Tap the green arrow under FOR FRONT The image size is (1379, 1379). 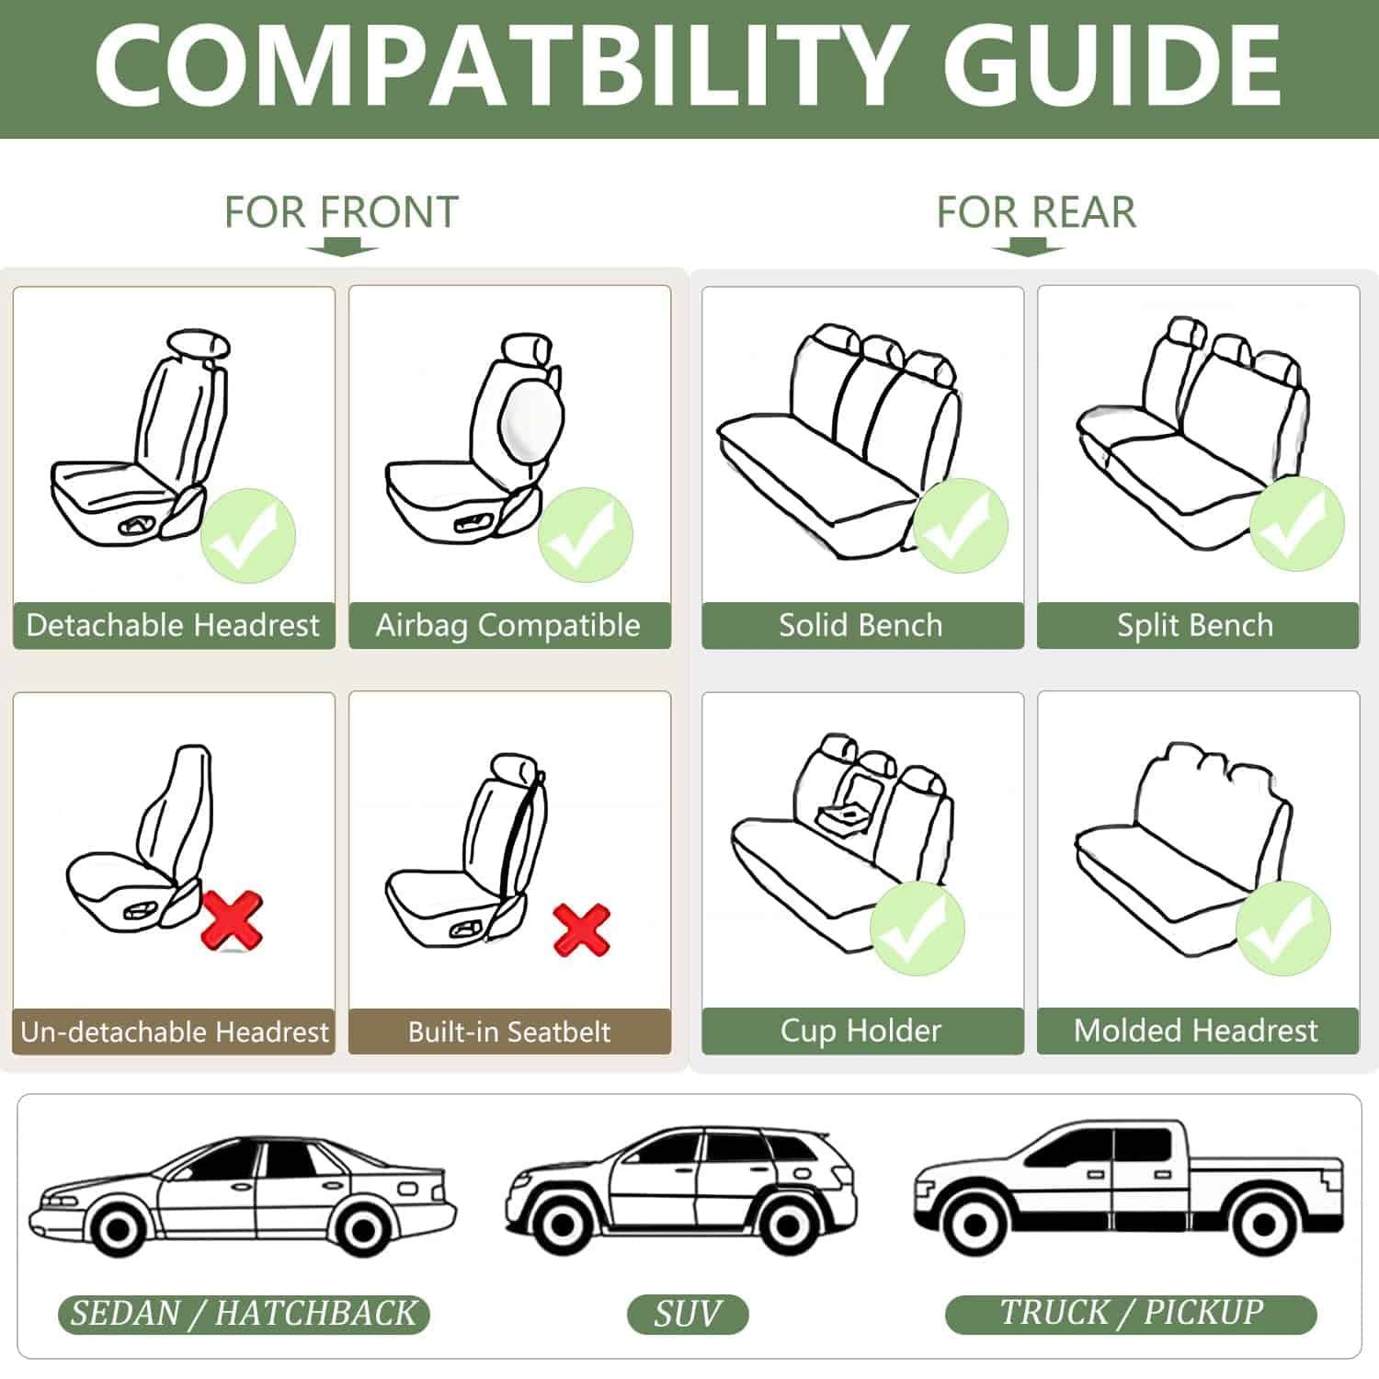(342, 249)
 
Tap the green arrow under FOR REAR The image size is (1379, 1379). (1028, 247)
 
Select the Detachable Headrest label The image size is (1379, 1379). (174, 625)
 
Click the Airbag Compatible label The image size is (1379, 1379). (509, 625)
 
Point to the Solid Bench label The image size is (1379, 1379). (862, 625)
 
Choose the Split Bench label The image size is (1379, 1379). (1198, 625)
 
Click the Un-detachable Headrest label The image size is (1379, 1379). (174, 1031)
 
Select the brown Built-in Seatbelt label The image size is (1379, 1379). (509, 1031)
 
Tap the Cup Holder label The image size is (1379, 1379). (862, 1031)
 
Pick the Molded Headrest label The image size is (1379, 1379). (1198, 1031)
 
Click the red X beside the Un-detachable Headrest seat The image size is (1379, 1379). (232, 921)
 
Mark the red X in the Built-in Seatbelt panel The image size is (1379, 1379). (582, 929)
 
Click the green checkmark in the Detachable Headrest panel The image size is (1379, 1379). (248, 536)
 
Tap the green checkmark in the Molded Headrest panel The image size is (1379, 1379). (1283, 929)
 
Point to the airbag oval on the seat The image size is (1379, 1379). (532, 423)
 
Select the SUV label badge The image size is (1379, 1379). (688, 1314)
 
